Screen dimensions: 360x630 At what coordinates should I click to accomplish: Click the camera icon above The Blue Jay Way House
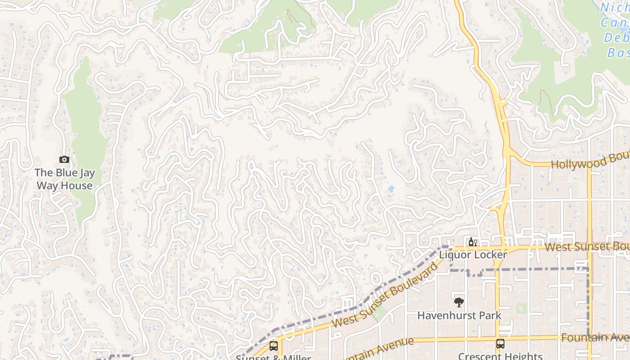coord(64,159)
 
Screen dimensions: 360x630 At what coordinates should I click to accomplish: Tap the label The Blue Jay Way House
coord(64,179)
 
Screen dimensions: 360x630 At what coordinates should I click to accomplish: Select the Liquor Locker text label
coord(473,255)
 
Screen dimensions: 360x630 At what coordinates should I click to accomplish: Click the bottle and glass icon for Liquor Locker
coord(472,242)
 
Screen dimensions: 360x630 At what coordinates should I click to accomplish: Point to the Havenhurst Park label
coord(459,315)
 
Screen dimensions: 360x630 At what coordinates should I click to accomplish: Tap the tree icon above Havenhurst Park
coord(459,302)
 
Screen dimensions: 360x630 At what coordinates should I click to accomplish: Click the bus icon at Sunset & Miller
coord(273,346)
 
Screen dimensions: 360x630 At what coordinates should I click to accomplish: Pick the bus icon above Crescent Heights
coord(500,344)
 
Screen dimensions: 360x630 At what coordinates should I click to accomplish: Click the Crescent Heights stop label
coord(500,356)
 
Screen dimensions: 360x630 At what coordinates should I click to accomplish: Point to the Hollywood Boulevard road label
coord(589,162)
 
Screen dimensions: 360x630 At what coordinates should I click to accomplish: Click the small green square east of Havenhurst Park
coord(522,308)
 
